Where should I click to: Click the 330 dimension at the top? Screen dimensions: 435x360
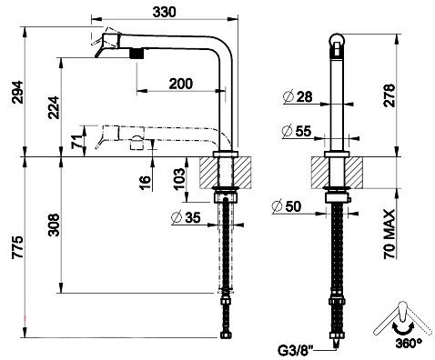pos(164,12)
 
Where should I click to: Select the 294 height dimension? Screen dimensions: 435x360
pos(17,93)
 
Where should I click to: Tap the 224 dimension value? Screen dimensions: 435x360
pos(54,107)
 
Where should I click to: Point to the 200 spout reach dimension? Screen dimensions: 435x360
pos(181,84)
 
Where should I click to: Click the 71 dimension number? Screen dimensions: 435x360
pos(77,141)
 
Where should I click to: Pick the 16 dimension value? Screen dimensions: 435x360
pos(146,182)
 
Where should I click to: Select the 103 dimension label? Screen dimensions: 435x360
pos(179,179)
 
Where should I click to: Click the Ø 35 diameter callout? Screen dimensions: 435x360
pos(186,217)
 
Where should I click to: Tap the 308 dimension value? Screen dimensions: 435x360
pos(54,225)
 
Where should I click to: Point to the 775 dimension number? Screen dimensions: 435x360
pos(17,247)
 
